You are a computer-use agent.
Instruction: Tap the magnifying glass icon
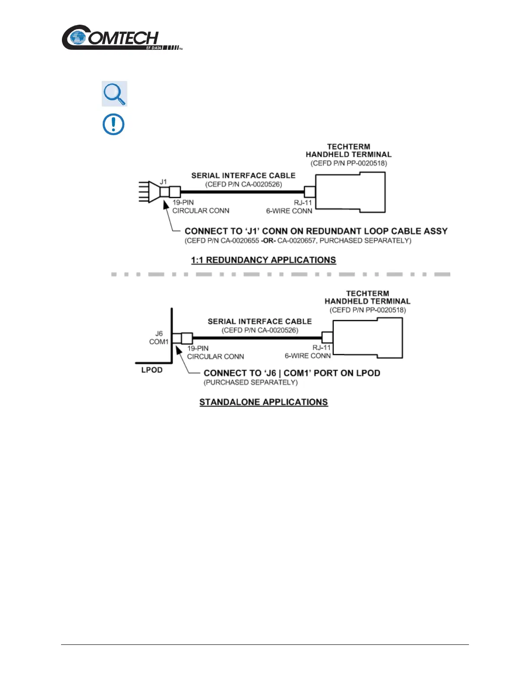114,94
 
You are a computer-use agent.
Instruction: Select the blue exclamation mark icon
113,124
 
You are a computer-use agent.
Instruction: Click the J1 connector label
163,182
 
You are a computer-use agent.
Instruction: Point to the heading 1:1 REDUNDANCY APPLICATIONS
263,260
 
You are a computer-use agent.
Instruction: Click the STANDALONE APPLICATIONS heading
263,402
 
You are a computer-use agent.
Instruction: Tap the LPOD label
152,370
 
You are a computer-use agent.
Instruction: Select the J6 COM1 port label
159,338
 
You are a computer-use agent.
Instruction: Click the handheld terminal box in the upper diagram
350,193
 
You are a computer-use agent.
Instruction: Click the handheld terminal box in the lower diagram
368,338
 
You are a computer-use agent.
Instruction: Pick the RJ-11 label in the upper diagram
303,203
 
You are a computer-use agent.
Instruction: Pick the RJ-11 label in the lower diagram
321,348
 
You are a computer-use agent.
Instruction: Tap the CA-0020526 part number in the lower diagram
278,330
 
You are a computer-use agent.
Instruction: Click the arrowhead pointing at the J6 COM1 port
178,349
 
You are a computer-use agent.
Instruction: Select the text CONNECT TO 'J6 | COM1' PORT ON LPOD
292,373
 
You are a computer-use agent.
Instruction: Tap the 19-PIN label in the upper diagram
183,203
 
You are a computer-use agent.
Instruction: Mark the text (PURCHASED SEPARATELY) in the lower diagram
251,383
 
